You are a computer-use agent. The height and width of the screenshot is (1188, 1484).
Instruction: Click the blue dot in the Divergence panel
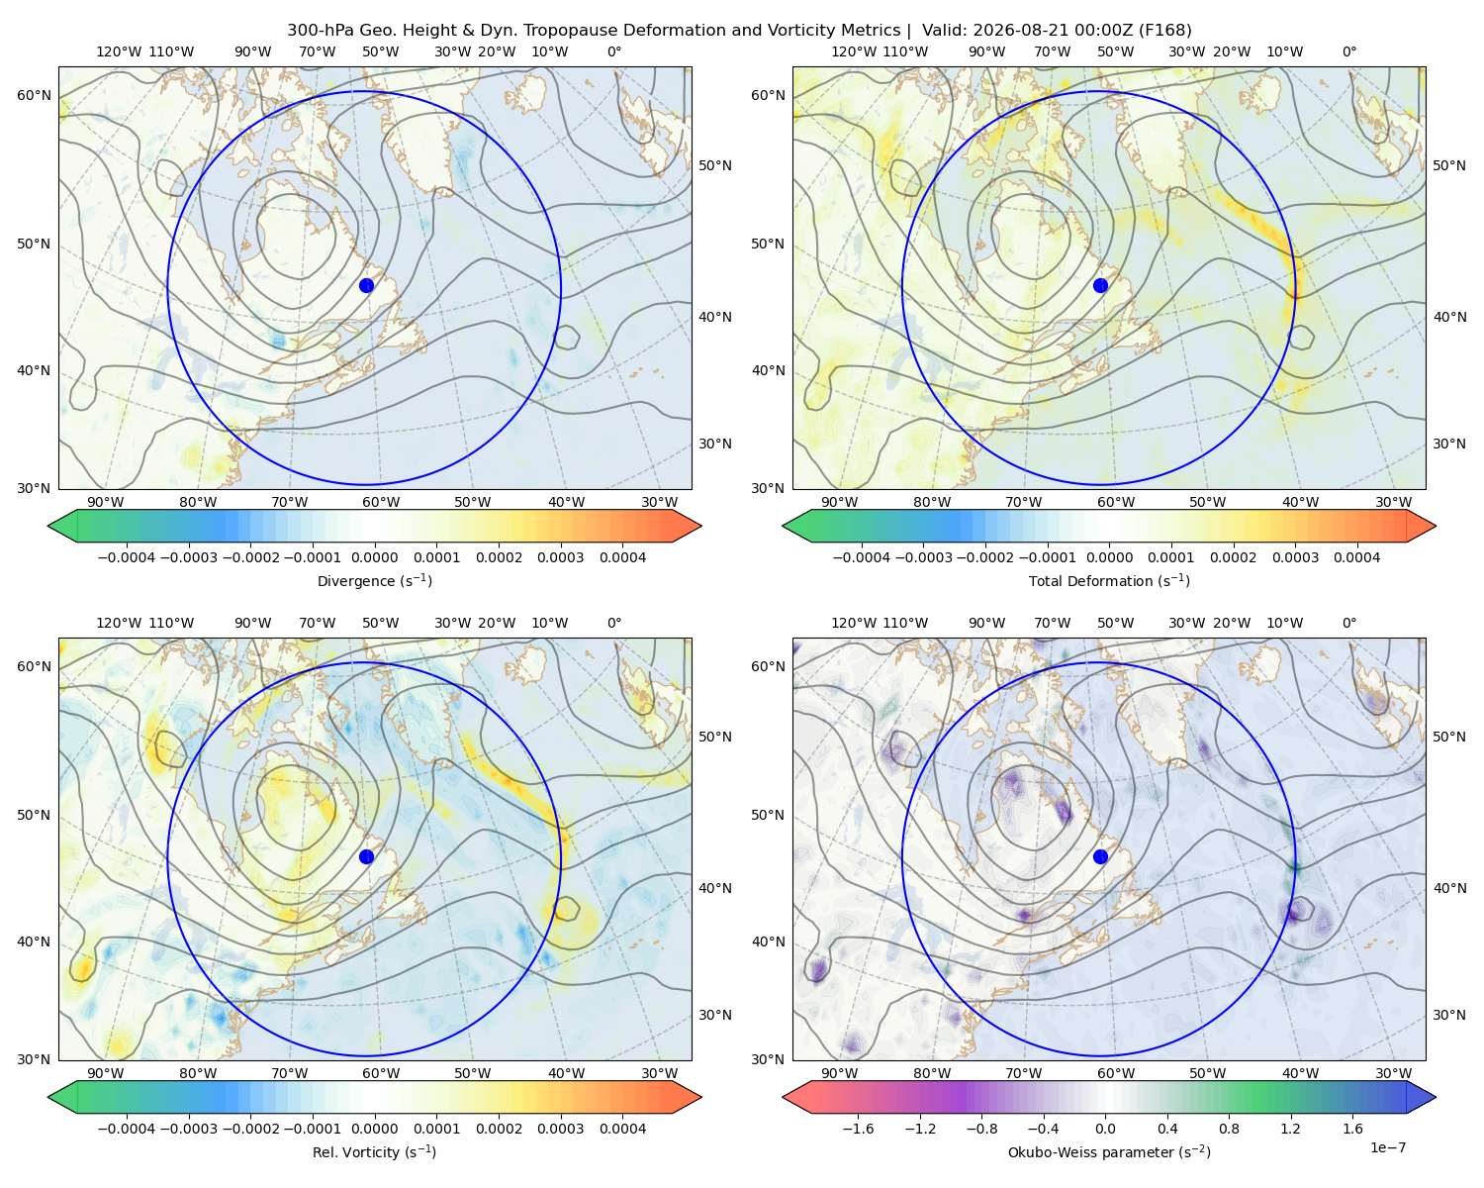click(x=366, y=285)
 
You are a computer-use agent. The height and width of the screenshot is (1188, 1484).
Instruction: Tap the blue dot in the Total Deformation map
click(x=1100, y=285)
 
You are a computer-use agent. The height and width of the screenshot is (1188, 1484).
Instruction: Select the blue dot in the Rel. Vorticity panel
click(x=366, y=856)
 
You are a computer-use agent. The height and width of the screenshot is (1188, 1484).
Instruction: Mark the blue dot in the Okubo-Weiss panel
click(x=1100, y=856)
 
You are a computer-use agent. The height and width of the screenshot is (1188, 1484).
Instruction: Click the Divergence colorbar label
click(x=374, y=580)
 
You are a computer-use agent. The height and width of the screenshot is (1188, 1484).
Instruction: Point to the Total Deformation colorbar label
click(x=1109, y=580)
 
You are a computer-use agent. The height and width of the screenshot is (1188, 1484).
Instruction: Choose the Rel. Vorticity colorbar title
click(x=374, y=1151)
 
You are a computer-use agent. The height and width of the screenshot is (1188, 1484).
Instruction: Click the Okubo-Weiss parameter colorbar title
click(x=1109, y=1151)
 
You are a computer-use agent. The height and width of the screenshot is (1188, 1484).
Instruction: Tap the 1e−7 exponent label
click(x=1387, y=1147)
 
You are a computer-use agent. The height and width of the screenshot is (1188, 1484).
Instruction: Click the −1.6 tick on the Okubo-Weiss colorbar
click(x=858, y=1128)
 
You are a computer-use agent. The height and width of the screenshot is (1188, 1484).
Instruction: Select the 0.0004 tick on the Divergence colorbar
click(x=622, y=557)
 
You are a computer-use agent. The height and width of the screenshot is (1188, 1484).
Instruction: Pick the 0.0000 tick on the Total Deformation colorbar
click(x=1110, y=557)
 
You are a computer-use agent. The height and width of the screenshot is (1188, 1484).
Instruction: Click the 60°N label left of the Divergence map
click(x=34, y=95)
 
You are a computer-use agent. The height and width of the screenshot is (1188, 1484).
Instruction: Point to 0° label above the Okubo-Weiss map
click(x=1348, y=623)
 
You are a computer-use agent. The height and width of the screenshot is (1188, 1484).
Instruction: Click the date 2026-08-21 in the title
click(x=1009, y=31)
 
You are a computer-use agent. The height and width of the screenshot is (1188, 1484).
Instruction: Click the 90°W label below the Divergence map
click(x=106, y=502)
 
